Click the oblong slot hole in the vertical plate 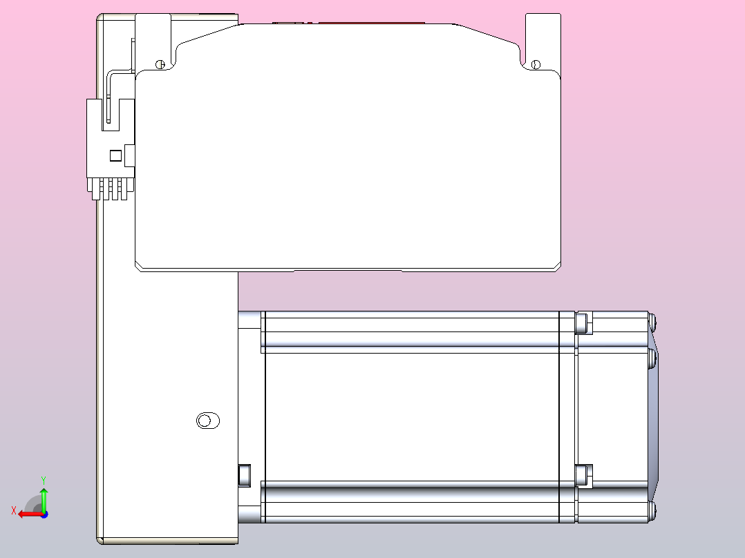point(207,421)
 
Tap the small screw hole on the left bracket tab point(160,64)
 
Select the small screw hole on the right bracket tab point(535,65)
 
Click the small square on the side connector point(116,155)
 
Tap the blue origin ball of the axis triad point(44,514)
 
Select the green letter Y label point(44,479)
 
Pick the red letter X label point(13,510)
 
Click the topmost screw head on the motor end point(652,320)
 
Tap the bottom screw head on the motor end point(652,512)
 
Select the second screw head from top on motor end point(652,358)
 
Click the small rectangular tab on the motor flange point(243,475)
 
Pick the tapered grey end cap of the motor point(654,414)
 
